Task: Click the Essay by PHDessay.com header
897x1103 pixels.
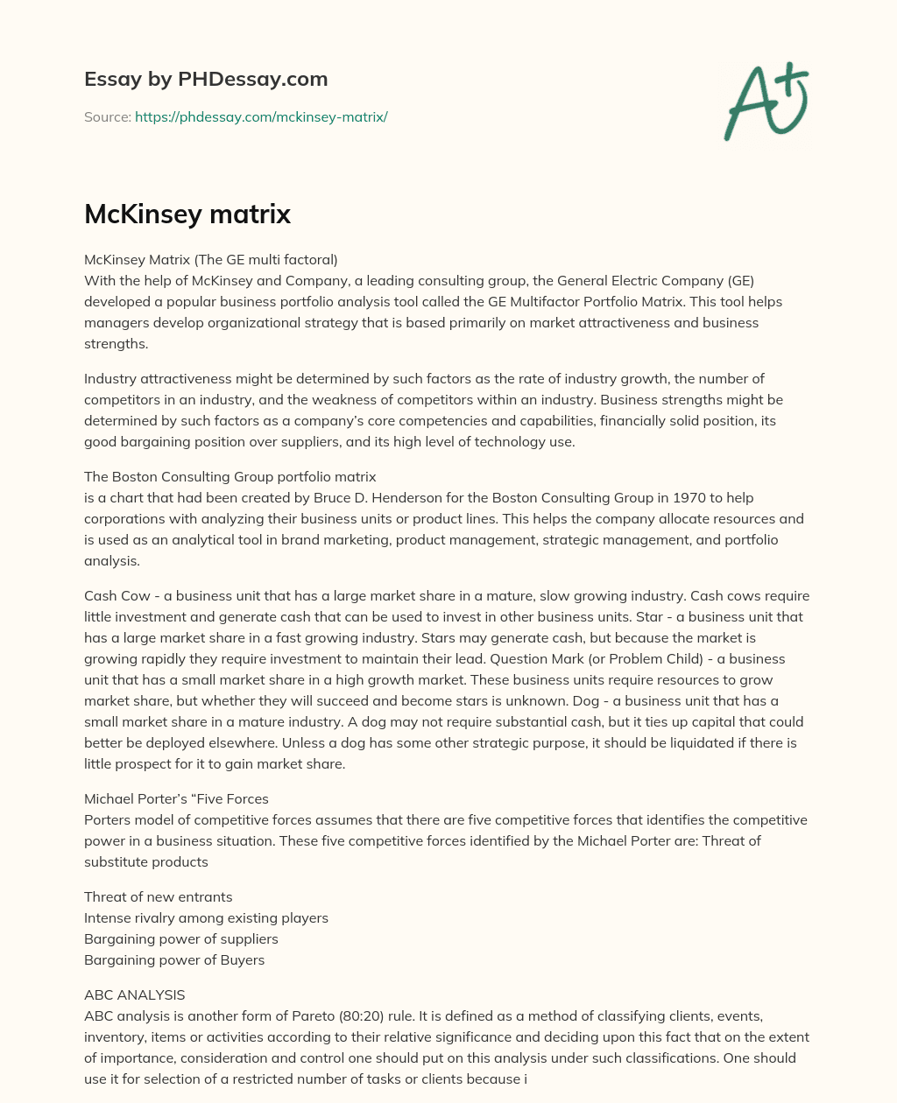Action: pyautogui.click(x=206, y=79)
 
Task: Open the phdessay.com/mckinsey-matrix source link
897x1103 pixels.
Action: pyautogui.click(x=261, y=116)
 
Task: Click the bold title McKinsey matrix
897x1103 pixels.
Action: pyautogui.click(x=187, y=214)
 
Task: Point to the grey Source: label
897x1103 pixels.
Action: pyautogui.click(x=107, y=116)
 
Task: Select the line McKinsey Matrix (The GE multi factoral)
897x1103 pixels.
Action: pyautogui.click(x=210, y=259)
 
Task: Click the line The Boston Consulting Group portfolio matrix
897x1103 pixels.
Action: pyautogui.click(x=230, y=476)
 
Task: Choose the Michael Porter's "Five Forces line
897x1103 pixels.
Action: pyautogui.click(x=176, y=798)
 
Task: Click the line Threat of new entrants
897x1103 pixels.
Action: pyautogui.click(x=158, y=896)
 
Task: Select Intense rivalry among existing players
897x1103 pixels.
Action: pyautogui.click(x=206, y=917)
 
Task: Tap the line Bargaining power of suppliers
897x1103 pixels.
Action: pyautogui.click(x=180, y=938)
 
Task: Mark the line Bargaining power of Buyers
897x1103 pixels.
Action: pyautogui.click(x=174, y=959)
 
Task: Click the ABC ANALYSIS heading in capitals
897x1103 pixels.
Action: pyautogui.click(x=134, y=994)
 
